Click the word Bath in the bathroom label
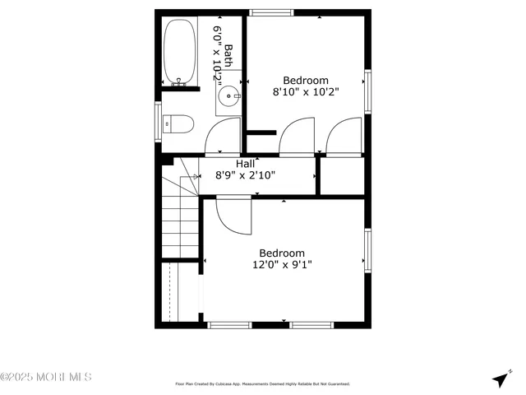click(229, 56)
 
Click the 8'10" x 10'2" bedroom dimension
click(306, 93)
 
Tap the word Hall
click(246, 164)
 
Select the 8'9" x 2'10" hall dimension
click(246, 175)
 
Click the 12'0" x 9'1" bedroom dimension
click(282, 265)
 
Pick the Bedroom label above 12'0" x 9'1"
click(282, 253)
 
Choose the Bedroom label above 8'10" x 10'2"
click(306, 81)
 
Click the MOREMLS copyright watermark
click(46, 377)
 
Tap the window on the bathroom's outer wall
click(158, 122)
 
